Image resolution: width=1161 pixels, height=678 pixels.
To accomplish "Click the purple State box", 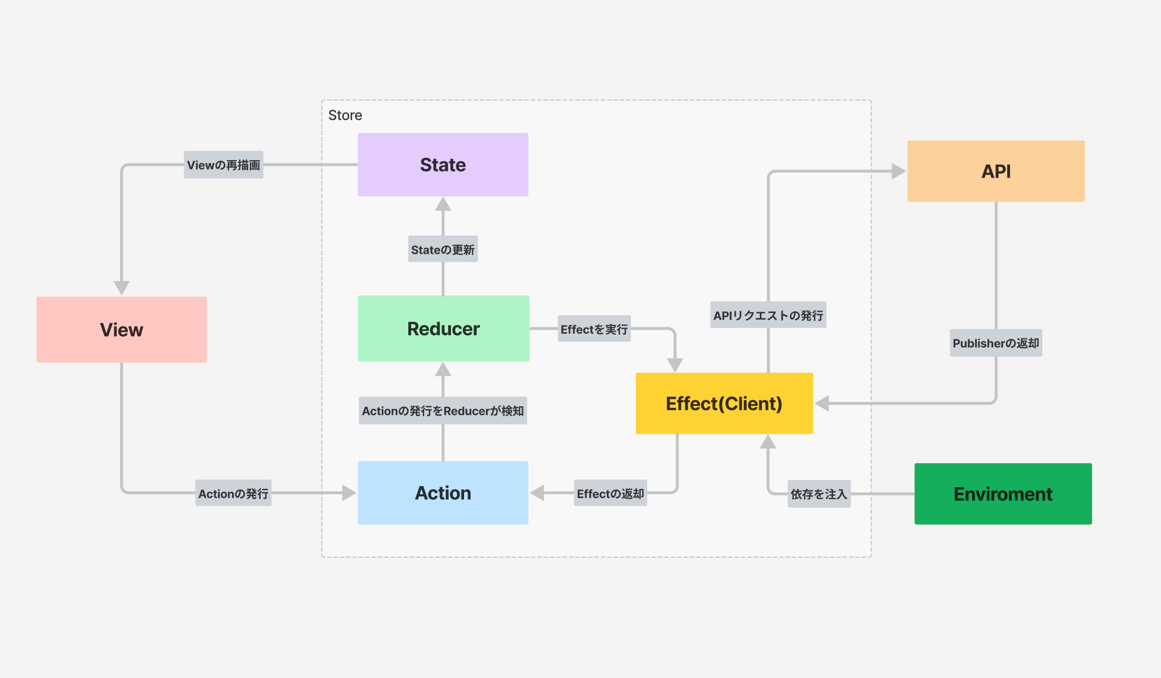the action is pyautogui.click(x=443, y=165).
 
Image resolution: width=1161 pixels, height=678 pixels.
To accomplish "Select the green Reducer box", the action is pyautogui.click(x=443, y=329).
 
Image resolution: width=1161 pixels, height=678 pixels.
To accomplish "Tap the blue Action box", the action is pyautogui.click(x=443, y=493).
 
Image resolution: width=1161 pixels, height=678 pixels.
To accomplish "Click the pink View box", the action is pyautogui.click(x=121, y=330).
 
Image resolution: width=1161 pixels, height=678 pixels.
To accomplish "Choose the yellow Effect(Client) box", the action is pyautogui.click(x=724, y=404).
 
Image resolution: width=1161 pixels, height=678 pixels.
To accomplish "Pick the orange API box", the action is pyautogui.click(x=996, y=171).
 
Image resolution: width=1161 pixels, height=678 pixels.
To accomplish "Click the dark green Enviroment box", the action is pyautogui.click(x=1003, y=494).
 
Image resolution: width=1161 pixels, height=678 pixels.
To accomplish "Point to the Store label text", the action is pyautogui.click(x=345, y=115).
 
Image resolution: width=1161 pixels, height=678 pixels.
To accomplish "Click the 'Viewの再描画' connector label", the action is pyautogui.click(x=224, y=165).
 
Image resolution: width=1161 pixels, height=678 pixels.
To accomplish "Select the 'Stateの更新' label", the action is pyautogui.click(x=443, y=249).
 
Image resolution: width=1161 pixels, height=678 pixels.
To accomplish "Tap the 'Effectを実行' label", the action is pyautogui.click(x=594, y=329).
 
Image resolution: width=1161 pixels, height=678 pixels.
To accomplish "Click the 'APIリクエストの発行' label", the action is pyautogui.click(x=768, y=315).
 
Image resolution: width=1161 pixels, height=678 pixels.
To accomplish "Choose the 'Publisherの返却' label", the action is pyautogui.click(x=996, y=343).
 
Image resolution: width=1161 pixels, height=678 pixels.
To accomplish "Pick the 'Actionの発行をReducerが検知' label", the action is pyautogui.click(x=443, y=411).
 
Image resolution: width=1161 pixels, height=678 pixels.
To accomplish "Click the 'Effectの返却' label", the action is pyautogui.click(x=611, y=493).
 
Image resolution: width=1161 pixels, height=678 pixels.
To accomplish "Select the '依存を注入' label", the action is pyautogui.click(x=819, y=494).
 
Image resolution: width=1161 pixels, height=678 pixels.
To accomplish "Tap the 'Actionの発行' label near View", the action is pyautogui.click(x=233, y=493).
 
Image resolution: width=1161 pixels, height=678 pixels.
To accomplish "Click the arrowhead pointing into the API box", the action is pyautogui.click(x=899, y=171).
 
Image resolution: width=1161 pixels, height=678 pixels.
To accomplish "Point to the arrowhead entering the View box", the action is pyautogui.click(x=121, y=288).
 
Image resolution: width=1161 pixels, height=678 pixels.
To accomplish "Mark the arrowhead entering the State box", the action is pyautogui.click(x=443, y=204).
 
